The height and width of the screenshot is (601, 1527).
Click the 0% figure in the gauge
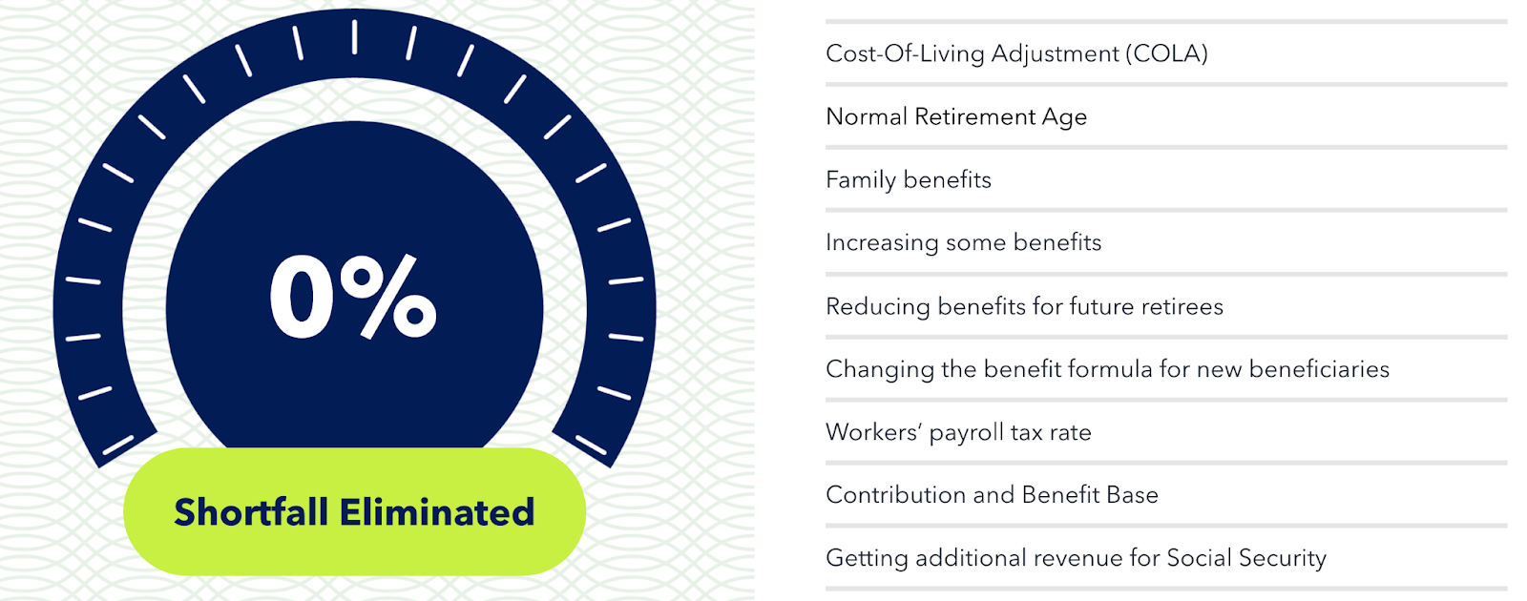tap(353, 297)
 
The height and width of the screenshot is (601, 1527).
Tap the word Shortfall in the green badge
tap(251, 511)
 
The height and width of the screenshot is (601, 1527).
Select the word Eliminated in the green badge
tap(437, 511)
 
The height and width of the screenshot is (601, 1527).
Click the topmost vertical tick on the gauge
tap(354, 37)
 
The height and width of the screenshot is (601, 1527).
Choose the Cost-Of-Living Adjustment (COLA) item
tap(1016, 53)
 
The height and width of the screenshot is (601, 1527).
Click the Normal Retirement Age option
tap(955, 117)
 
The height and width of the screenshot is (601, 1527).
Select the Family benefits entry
tap(908, 180)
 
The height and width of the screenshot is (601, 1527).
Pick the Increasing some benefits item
tap(963, 242)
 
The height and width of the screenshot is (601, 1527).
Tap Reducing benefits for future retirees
tap(1024, 306)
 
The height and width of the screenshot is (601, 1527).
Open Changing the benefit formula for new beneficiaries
tap(1107, 369)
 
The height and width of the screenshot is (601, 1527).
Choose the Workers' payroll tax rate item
tap(958, 432)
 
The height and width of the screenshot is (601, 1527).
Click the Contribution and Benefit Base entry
tap(992, 495)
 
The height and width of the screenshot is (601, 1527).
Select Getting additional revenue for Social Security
tap(1076, 558)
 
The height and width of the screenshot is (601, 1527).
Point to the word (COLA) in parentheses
tap(1166, 53)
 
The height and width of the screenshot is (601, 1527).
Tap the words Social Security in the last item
tap(1246, 558)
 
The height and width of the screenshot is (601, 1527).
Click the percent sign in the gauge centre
tap(388, 297)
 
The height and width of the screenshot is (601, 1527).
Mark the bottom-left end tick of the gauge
tap(118, 445)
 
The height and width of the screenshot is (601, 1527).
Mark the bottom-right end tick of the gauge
tap(591, 445)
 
